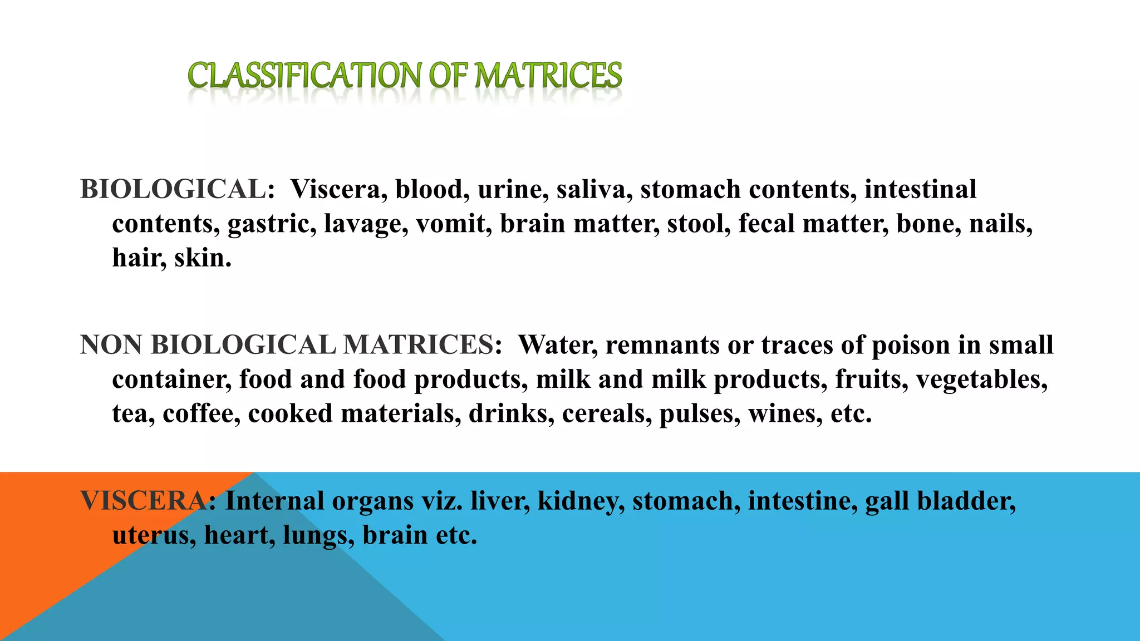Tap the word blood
(x=429, y=190)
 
